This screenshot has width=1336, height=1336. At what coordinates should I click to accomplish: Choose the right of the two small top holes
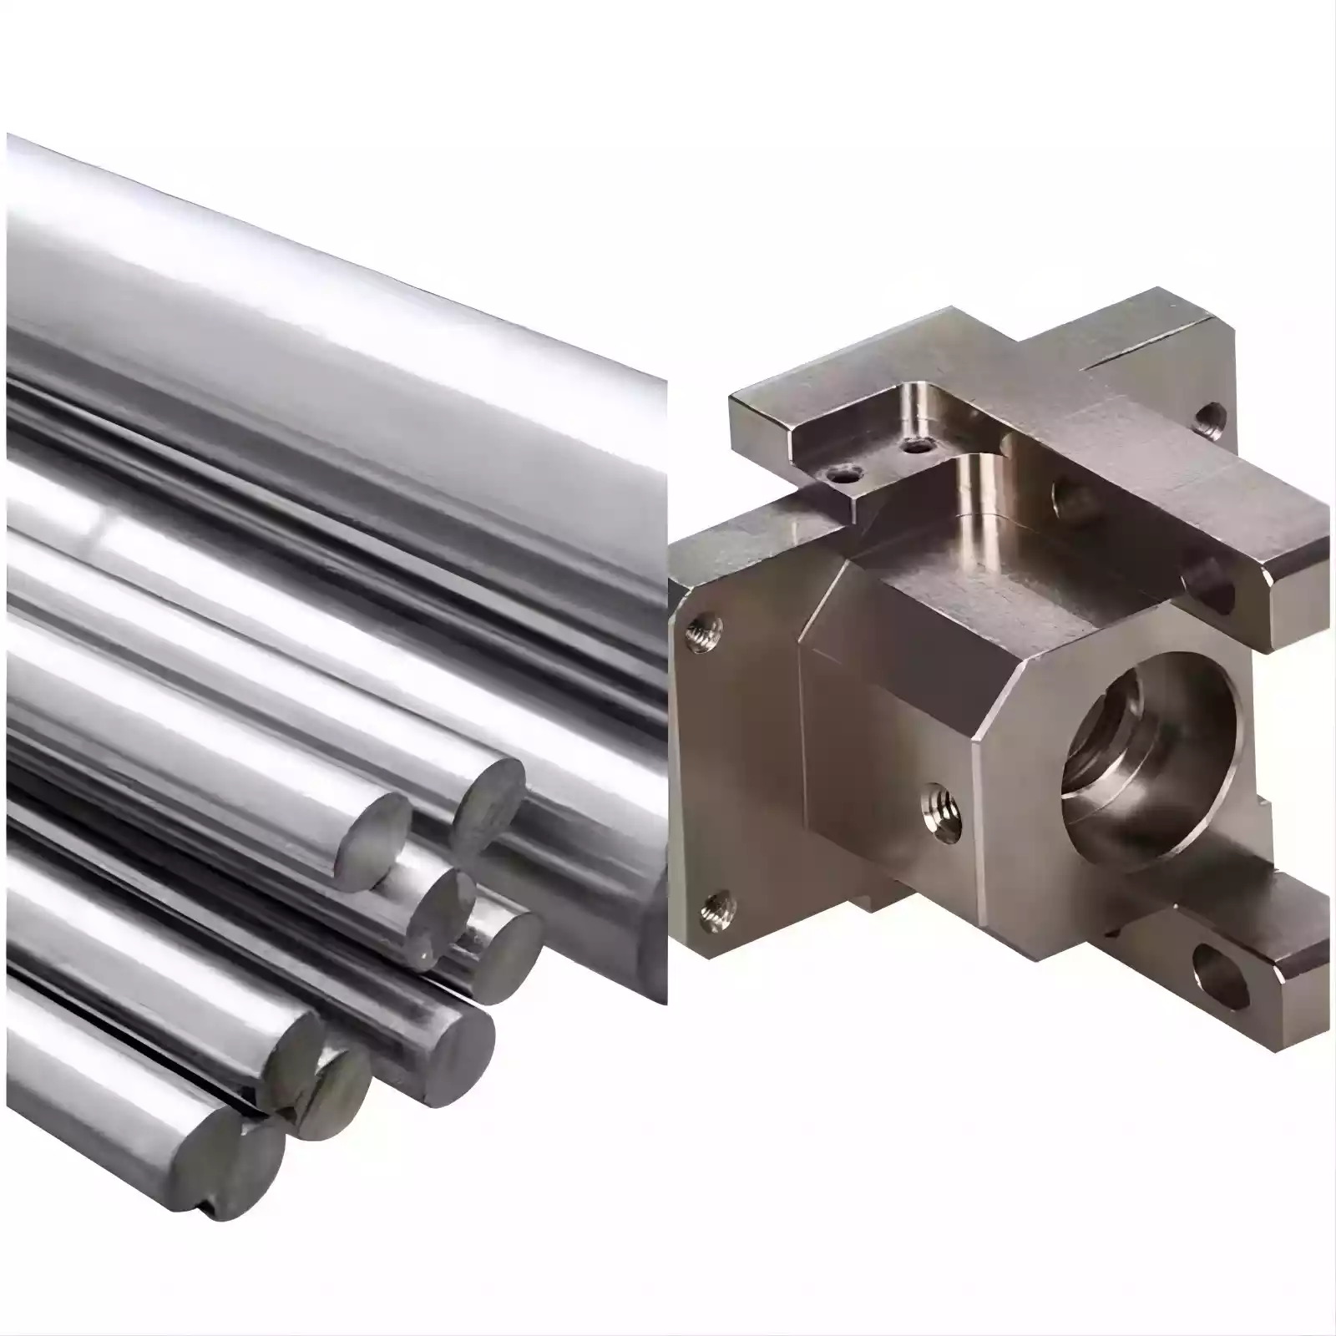click(x=918, y=446)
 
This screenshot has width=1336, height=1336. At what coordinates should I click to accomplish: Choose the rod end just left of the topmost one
click(x=377, y=835)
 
